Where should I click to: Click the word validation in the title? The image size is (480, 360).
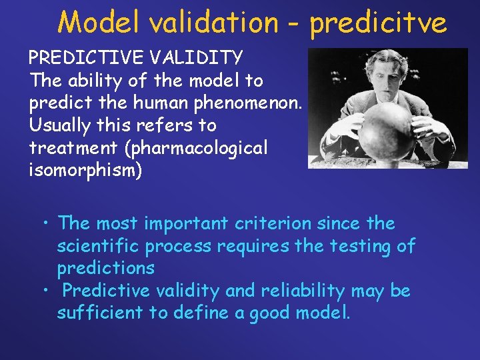[x=213, y=22]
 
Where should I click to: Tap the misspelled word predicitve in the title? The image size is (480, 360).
[x=378, y=22]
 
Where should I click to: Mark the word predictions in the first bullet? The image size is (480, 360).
[x=105, y=268]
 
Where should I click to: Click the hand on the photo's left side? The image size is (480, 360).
[x=345, y=127]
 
